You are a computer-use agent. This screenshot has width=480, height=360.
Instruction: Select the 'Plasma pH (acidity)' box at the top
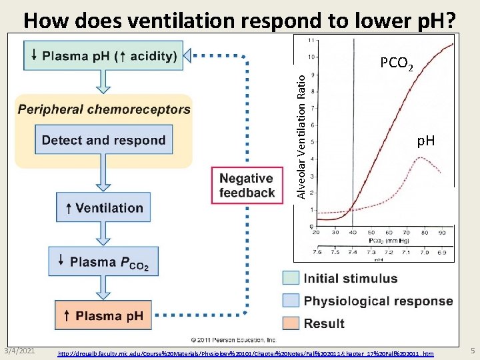(103, 56)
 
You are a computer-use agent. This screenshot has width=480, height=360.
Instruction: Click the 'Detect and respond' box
(103, 140)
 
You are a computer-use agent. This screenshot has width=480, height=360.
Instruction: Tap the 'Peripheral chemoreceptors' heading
(103, 109)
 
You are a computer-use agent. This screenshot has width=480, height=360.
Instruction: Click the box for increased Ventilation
(103, 208)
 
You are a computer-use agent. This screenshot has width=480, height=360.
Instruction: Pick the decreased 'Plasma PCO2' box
(103, 262)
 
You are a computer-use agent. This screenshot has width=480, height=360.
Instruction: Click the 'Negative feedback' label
(247, 185)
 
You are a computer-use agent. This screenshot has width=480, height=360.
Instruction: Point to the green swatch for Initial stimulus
(291, 278)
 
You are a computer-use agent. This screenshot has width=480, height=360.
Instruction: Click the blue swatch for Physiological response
(291, 301)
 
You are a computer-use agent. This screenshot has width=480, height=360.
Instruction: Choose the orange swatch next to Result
(291, 323)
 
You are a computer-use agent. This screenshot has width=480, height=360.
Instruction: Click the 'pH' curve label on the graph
(425, 141)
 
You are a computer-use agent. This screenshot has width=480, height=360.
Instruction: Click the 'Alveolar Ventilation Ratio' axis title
(301, 135)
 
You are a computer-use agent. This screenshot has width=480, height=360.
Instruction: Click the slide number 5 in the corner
(472, 351)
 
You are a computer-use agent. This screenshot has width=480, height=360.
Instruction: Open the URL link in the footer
(246, 353)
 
